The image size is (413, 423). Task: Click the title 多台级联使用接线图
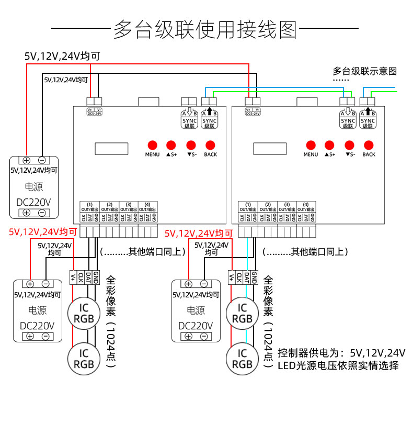click(x=205, y=30)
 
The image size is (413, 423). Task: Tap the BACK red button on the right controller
click(x=369, y=144)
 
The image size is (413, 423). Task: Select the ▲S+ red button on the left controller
click(x=171, y=144)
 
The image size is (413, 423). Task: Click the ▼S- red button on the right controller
click(x=349, y=144)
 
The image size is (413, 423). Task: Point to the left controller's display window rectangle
click(x=111, y=149)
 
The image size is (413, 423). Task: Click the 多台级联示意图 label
click(x=365, y=71)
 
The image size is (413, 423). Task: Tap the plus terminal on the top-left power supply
click(x=26, y=161)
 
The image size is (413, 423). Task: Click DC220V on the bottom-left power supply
click(x=38, y=325)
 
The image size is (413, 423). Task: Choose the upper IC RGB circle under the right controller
click(x=242, y=313)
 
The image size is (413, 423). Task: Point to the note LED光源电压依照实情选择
click(x=338, y=365)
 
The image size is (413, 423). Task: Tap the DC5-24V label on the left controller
click(x=94, y=113)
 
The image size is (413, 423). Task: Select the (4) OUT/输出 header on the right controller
click(x=306, y=206)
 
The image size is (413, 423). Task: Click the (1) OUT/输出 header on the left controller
click(x=89, y=206)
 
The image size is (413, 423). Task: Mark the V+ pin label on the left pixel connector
click(x=73, y=277)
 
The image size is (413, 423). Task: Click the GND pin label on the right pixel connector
click(x=254, y=277)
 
